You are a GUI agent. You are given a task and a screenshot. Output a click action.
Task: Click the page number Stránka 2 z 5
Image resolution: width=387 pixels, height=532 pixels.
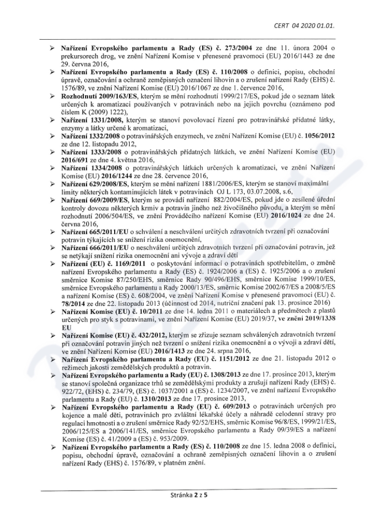point(193,495)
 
